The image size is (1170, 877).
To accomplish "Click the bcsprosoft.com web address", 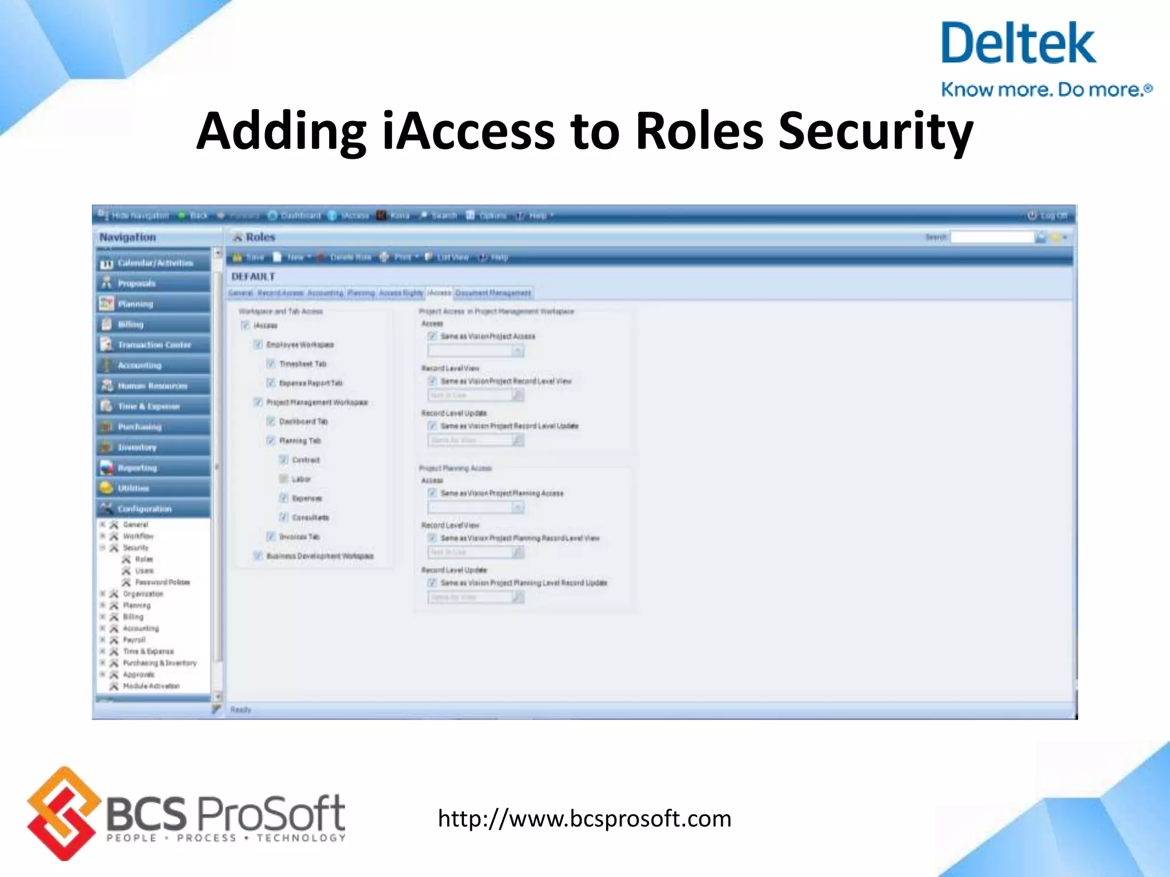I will pos(584,818).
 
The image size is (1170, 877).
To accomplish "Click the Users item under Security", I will pos(144,571).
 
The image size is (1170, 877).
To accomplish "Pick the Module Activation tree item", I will pos(151,686).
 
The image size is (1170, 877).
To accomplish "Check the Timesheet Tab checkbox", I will pos(271,364).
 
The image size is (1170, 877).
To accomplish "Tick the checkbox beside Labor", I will pos(283,479).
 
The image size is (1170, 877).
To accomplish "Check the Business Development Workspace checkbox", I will pos(258,556).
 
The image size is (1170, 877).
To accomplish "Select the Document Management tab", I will pos(493,293).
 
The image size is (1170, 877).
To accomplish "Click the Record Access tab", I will pos(280,293).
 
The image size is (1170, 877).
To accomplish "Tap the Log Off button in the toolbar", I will pos(1048,215).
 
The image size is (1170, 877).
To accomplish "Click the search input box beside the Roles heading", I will pos(992,237).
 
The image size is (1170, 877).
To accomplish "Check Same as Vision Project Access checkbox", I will pos(432,336).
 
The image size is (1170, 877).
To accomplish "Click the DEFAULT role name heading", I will pos(253,276).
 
